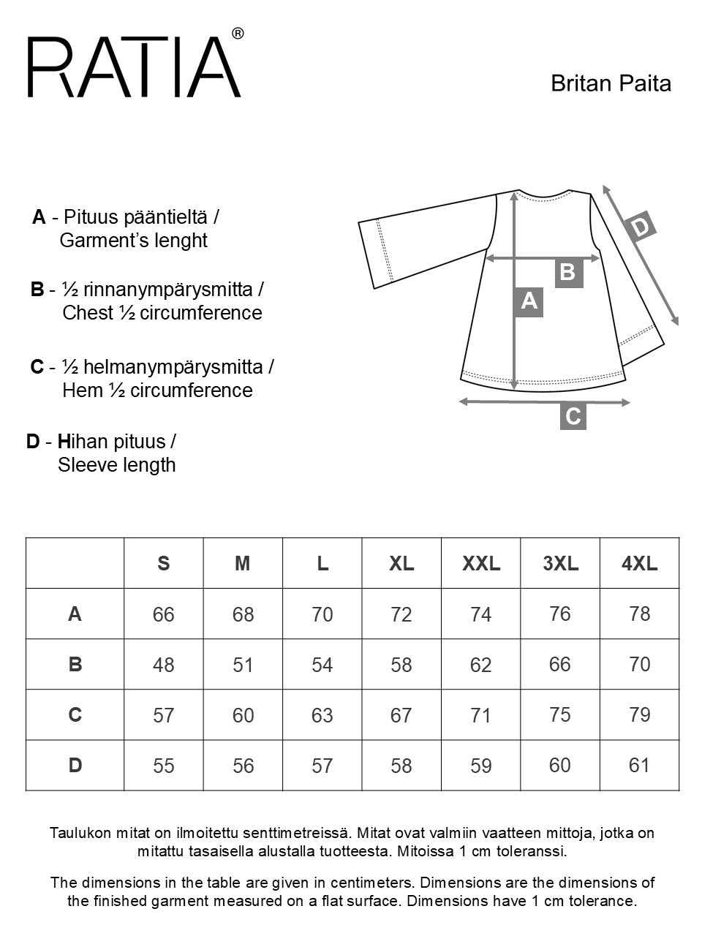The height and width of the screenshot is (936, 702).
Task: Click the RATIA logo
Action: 135,66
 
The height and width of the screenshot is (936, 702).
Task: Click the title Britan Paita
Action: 611,83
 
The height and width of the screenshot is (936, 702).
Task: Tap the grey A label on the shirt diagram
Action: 529,301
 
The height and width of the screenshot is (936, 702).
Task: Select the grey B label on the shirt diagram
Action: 568,272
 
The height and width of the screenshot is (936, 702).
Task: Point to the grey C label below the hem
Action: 573,416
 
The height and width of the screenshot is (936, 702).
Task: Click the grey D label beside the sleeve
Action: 641,227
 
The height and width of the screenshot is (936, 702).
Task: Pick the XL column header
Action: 401,563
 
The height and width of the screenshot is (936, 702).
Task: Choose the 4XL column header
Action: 639,563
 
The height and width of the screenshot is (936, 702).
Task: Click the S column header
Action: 164,563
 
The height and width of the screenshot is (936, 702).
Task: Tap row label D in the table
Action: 75,765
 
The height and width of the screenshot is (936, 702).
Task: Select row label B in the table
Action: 75,664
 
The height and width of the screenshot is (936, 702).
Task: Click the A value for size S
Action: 164,614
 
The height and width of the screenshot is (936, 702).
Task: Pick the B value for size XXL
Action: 480,665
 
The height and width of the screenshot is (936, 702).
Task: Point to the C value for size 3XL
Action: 559,714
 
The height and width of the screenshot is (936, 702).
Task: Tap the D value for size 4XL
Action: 639,765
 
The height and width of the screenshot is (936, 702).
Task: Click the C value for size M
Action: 243,715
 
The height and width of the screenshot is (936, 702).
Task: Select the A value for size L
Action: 322,614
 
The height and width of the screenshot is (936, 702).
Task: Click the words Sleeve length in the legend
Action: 117,465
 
